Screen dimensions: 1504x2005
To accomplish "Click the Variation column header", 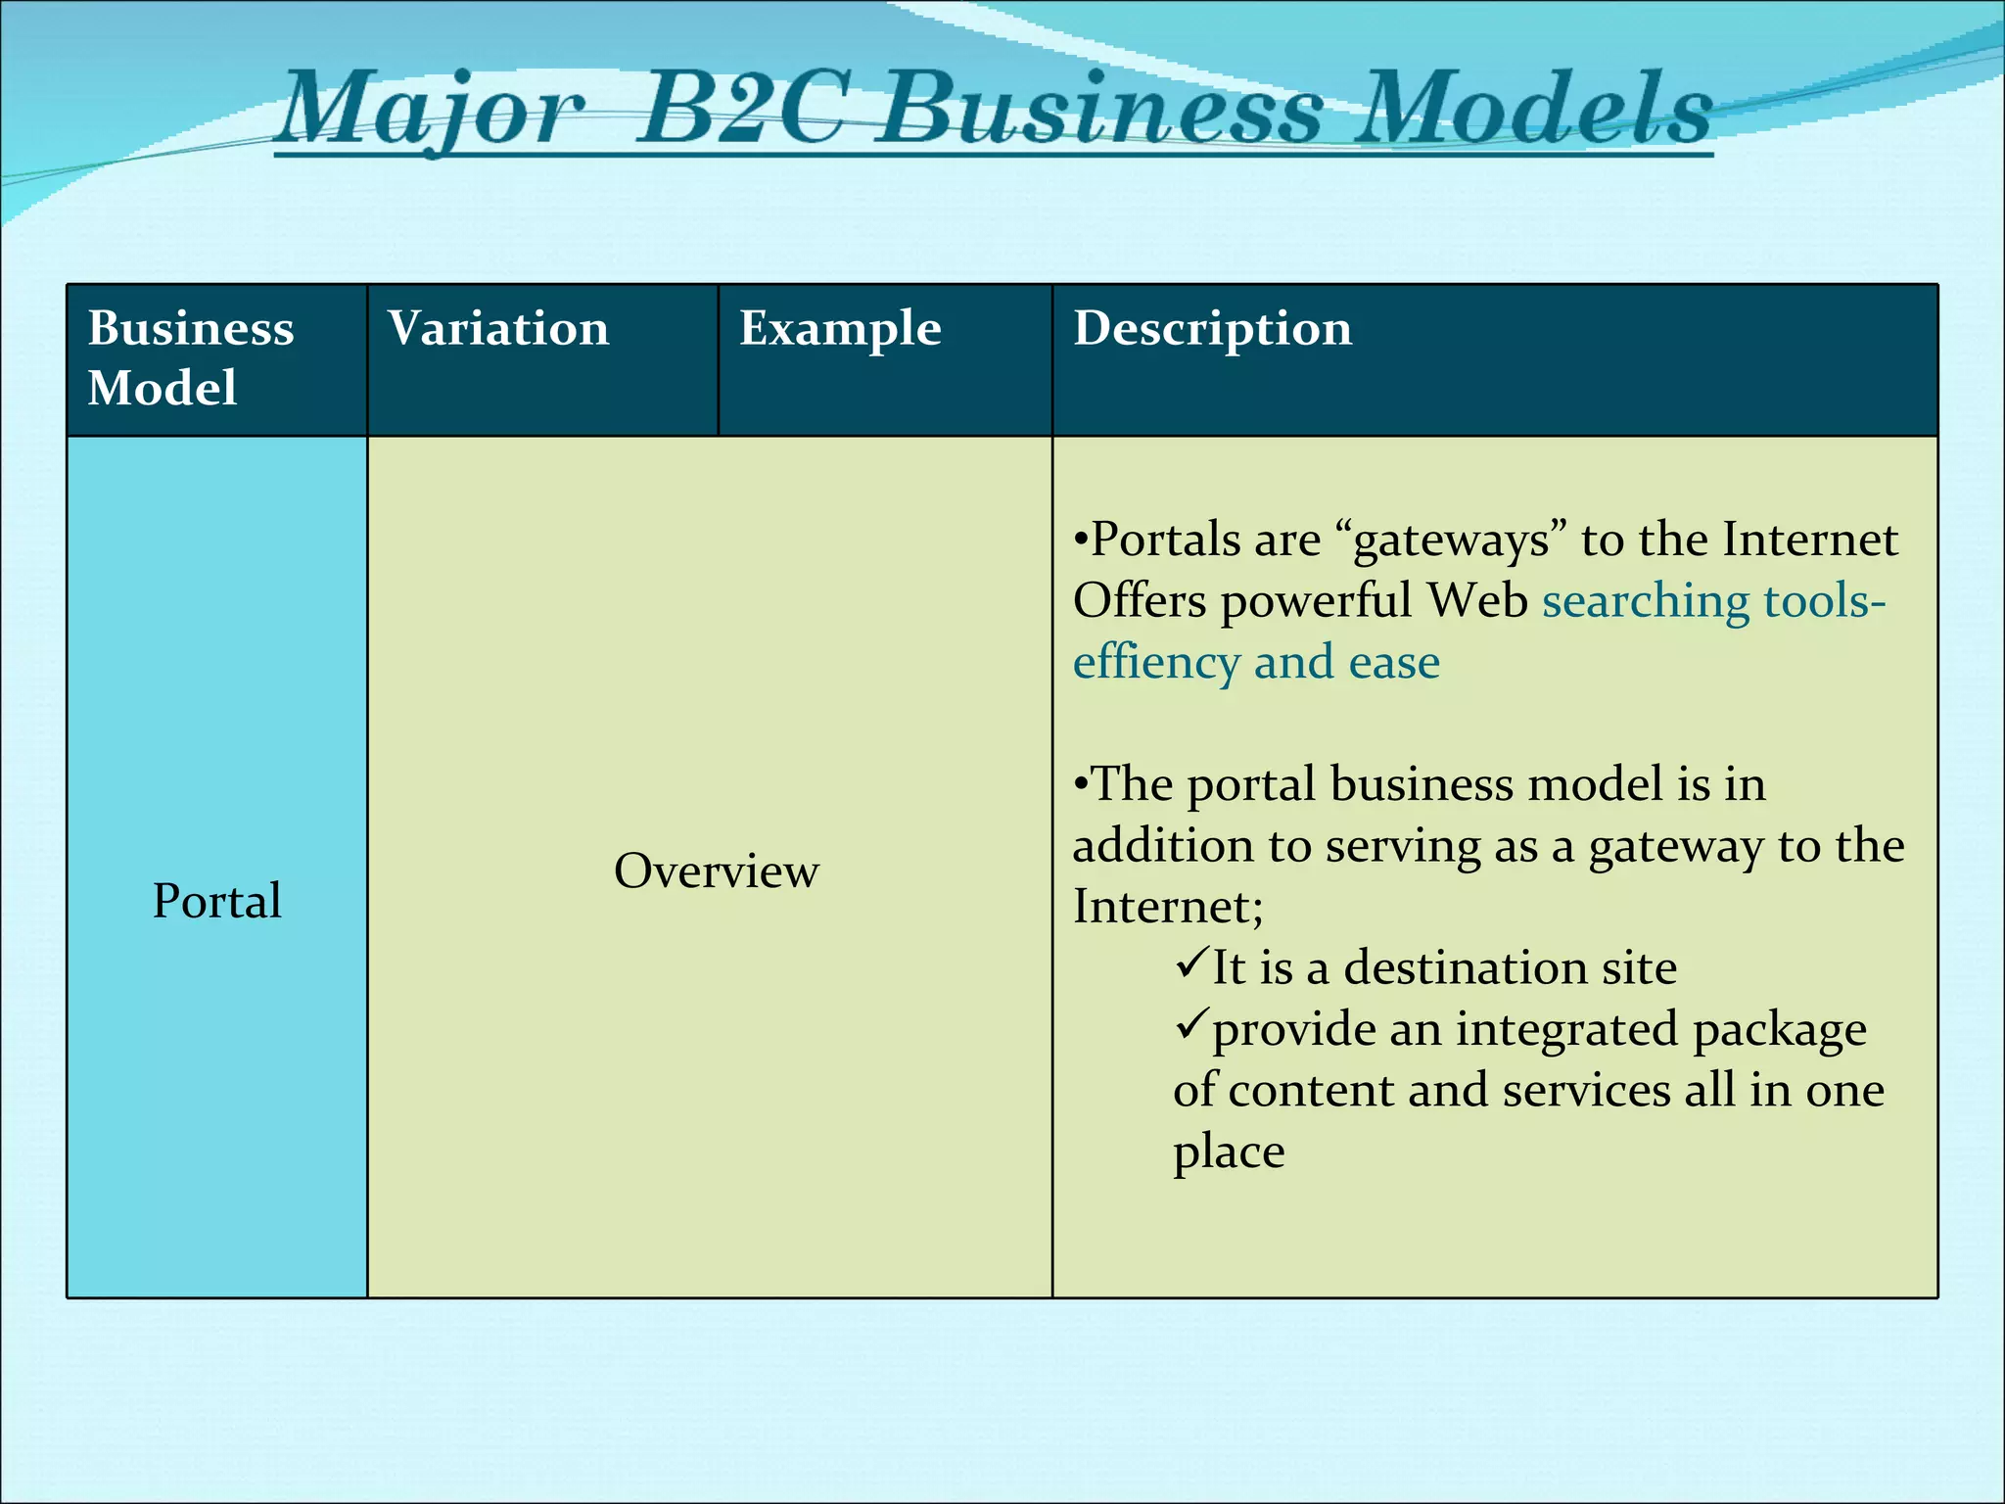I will coord(497,328).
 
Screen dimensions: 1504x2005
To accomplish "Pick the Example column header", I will coord(840,328).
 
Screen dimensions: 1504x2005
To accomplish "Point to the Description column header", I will coord(1212,328).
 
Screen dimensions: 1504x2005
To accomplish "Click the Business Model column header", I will coord(191,357).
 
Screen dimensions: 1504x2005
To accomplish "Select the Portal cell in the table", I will coord(216,901).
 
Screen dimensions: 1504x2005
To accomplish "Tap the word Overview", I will coord(716,870).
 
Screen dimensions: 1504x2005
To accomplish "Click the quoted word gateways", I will coord(1451,540).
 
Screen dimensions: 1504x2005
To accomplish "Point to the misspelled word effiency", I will coord(1155,663).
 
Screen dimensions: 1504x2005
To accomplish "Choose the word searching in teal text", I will coord(1645,601).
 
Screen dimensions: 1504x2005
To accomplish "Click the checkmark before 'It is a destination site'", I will coord(1191,964).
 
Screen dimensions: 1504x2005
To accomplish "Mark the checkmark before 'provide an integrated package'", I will coord(1191,1025).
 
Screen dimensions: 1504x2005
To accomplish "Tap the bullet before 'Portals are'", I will coord(1081,540).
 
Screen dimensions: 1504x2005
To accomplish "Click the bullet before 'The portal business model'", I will coord(1081,785).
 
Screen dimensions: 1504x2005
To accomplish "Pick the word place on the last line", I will coord(1229,1152).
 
